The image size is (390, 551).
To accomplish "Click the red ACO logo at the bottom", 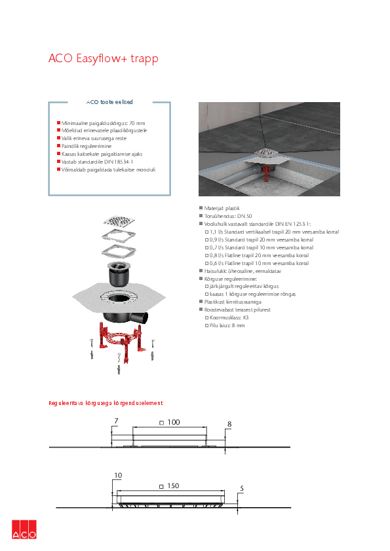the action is [x=24, y=529].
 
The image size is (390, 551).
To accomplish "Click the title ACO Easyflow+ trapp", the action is [x=103, y=58].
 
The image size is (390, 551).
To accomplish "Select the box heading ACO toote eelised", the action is [x=109, y=102].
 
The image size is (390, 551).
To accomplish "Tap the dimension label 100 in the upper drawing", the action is [x=174, y=422].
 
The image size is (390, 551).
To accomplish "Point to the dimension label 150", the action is [x=173, y=486].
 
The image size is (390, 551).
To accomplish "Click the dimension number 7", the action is [x=116, y=421].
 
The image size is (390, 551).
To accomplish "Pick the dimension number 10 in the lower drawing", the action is [x=118, y=475].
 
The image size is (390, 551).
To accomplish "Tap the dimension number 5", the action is [x=242, y=488].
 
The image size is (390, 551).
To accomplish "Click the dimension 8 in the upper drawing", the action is [x=229, y=424].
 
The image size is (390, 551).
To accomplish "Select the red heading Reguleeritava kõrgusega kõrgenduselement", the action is [x=106, y=403].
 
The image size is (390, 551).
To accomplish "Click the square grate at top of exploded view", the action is [x=119, y=221].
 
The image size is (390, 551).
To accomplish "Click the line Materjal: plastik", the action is [x=222, y=208].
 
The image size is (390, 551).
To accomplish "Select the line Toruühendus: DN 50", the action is [x=228, y=216].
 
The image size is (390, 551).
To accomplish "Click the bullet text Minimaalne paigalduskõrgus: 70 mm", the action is [x=103, y=123].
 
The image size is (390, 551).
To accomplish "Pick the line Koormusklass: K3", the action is [x=229, y=317].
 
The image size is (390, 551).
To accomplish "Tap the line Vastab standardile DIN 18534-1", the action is [x=97, y=162].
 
